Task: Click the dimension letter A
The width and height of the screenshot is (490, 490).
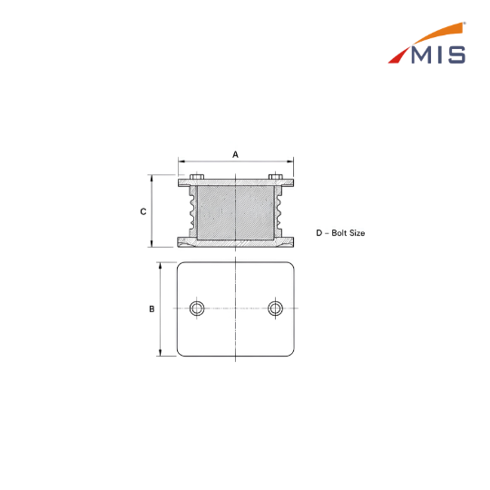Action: (x=235, y=154)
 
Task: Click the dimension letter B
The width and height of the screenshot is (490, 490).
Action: (x=152, y=309)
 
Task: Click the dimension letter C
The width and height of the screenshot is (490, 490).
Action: (x=143, y=211)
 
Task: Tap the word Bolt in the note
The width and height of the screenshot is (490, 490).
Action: (x=338, y=233)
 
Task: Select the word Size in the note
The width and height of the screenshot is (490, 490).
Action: (x=357, y=233)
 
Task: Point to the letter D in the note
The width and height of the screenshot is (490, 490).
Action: (x=319, y=233)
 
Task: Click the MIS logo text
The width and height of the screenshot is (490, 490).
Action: (x=438, y=54)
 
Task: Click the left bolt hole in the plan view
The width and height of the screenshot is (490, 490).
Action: (x=197, y=309)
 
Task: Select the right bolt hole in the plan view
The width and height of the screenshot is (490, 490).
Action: (x=275, y=309)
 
